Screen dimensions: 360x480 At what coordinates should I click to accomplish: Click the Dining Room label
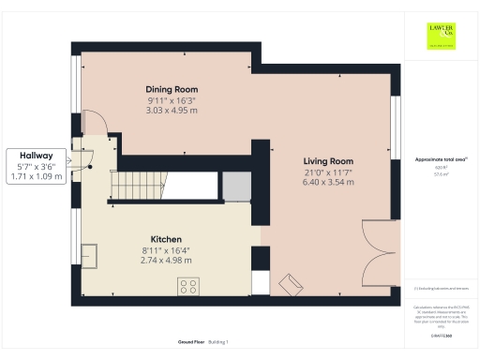pyautogui.click(x=171, y=90)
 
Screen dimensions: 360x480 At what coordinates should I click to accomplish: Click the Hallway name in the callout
pyautogui.click(x=37, y=156)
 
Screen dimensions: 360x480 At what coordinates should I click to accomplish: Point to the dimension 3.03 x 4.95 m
pyautogui.click(x=171, y=111)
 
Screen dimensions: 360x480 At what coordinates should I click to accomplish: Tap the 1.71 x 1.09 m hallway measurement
pyautogui.click(x=37, y=176)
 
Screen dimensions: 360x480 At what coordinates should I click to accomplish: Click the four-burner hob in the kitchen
pyautogui.click(x=187, y=286)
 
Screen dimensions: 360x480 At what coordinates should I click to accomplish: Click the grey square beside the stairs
pyautogui.click(x=235, y=187)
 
